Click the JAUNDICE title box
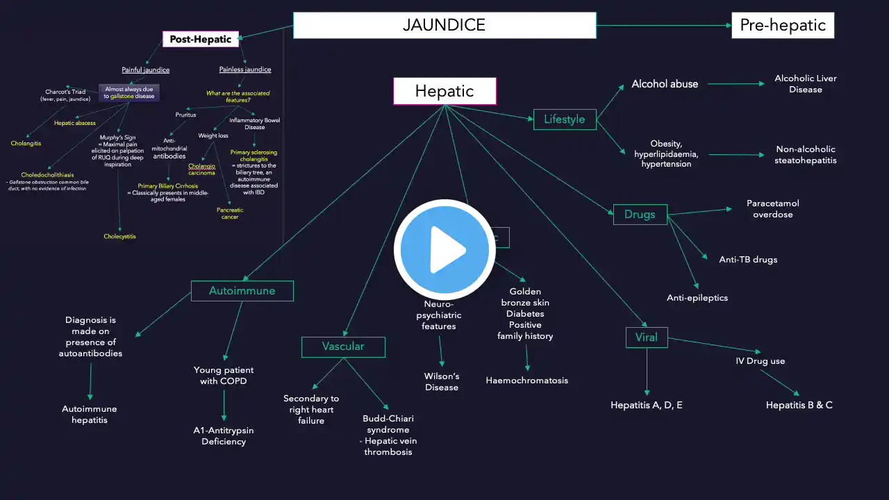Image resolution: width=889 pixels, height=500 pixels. pos(444,26)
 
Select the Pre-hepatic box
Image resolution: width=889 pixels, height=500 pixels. pos(782,26)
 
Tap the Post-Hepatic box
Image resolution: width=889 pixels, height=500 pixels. pos(201,39)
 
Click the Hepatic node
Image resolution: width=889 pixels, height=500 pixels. pos(444,91)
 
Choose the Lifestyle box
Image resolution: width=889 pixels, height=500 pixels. pos(564,119)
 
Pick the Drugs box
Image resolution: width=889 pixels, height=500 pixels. pos(640,215)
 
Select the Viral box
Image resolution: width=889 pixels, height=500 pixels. pos(646,338)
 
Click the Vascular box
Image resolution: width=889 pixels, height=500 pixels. pos(343,347)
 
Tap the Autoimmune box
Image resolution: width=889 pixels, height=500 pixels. pos(242,291)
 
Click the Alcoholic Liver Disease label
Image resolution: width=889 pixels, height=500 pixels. pos(806,84)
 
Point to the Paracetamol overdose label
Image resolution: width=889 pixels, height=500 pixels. pos(773,209)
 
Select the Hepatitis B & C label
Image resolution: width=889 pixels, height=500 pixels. pos(799,405)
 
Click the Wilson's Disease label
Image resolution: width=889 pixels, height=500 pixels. pos(442,382)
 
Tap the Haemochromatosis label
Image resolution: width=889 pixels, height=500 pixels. pos(526,381)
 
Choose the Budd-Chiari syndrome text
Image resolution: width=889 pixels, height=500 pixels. pos(388,424)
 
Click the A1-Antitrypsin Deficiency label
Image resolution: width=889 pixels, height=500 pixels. pos(224,436)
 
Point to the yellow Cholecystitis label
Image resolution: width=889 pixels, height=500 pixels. pos(120,237)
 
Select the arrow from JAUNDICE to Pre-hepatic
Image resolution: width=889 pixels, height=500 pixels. pos(663,26)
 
